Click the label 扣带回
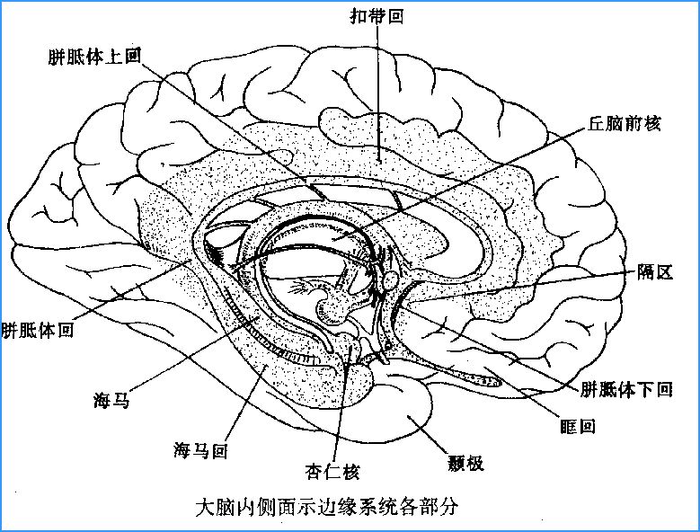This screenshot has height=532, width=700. coord(377,16)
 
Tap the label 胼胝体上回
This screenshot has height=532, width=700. coord(94,57)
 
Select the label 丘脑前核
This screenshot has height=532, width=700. coord(625,123)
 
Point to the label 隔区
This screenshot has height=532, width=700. coord(655,271)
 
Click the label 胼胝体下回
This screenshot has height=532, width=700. coord(627,389)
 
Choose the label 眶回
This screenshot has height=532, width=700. coord(578,426)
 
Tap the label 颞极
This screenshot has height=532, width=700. coord(465,464)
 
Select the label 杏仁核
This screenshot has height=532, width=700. coord(332,471)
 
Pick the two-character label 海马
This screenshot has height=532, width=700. coord(111,399)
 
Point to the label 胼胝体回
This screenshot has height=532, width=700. coord(38,331)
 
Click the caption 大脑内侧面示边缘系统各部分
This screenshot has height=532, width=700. coord(328,507)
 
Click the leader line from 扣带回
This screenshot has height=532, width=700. coord(378,93)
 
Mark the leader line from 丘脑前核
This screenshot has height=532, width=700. coord(460,183)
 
